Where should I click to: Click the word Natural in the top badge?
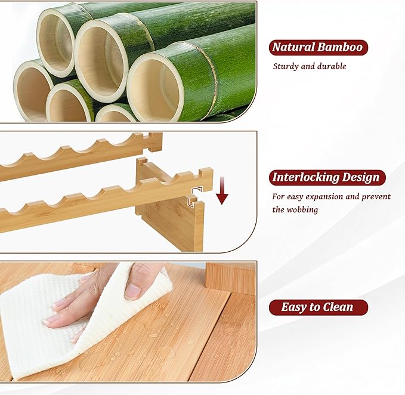point(293,47)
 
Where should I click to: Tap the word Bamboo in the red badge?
point(340,47)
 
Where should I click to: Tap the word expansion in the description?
point(324,197)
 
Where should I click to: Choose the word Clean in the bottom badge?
point(338,307)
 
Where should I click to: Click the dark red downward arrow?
point(222,191)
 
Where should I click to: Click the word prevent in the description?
point(376,197)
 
